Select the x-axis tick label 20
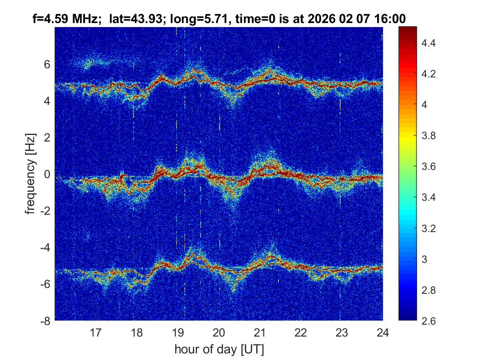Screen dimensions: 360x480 (219, 332)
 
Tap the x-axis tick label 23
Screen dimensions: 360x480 (342, 332)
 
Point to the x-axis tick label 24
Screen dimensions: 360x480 (383, 332)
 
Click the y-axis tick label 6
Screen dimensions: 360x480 (47, 65)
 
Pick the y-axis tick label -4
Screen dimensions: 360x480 (45, 248)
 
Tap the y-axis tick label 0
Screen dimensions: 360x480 (47, 174)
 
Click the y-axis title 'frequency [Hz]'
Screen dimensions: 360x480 (30, 174)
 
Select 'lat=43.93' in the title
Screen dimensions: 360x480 (134, 19)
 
